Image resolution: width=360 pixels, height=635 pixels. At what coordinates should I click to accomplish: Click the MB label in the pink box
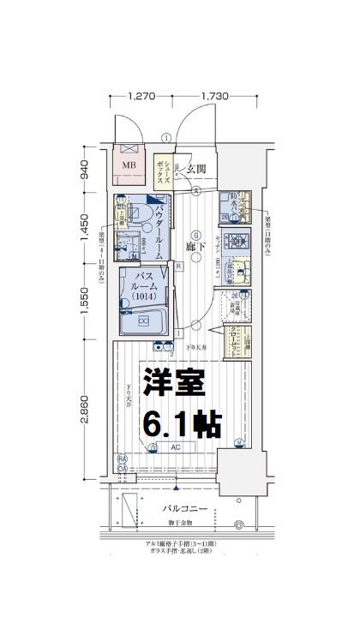pyautogui.click(x=129, y=166)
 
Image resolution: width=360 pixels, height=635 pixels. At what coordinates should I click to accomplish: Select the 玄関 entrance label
pyautogui.click(x=195, y=169)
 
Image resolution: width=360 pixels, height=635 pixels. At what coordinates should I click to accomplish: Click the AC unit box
pyautogui.click(x=176, y=447)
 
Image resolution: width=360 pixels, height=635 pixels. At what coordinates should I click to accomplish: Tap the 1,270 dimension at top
pyautogui.click(x=141, y=97)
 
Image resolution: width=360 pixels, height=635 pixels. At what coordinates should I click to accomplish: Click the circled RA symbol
pyautogui.click(x=122, y=458)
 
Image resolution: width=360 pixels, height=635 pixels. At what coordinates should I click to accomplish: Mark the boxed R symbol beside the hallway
pyautogui.click(x=177, y=266)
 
